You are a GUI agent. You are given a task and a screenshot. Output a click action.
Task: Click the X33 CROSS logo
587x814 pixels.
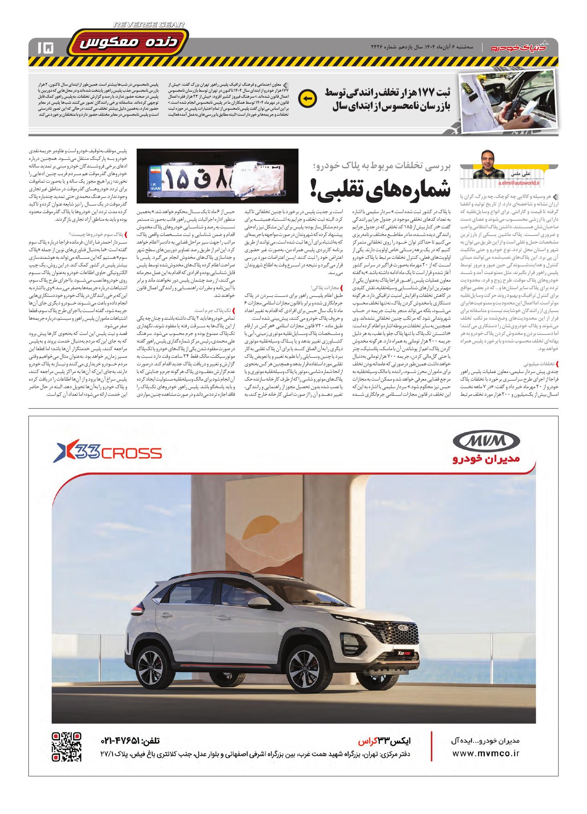108,453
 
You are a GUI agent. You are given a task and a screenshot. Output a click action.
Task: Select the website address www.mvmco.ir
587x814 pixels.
486,753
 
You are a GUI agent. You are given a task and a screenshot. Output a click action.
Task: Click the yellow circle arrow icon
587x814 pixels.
307,98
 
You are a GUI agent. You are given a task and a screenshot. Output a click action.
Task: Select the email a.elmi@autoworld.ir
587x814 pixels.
519,182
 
